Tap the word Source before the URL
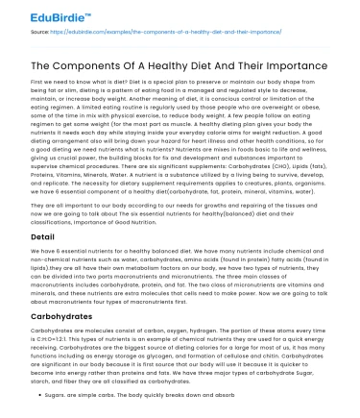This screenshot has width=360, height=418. point(19,32)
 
